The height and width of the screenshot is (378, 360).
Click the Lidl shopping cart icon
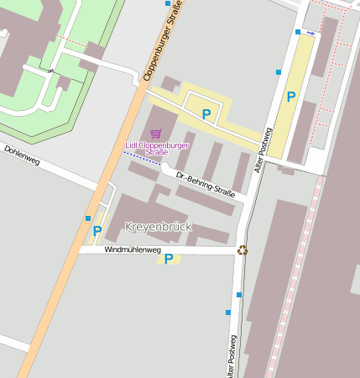[155, 134]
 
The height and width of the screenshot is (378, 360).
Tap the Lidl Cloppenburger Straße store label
[156, 149]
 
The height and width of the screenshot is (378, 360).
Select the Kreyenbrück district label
[158, 227]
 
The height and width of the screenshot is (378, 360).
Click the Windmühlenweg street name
[133, 249]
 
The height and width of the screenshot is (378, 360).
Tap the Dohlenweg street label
[22, 155]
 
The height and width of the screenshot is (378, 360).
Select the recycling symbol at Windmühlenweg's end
[243, 249]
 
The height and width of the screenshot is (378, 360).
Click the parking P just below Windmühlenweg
[169, 259]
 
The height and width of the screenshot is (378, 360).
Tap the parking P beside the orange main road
[97, 231]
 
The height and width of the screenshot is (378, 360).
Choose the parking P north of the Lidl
[206, 113]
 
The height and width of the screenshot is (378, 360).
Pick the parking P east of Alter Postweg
[290, 97]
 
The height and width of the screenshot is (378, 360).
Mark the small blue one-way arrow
[311, 33]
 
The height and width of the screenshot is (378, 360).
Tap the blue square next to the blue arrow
[298, 32]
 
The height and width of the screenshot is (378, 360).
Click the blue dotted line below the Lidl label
[138, 159]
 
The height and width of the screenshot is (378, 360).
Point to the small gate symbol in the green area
[51, 71]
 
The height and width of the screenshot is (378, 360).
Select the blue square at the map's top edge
[167, 3]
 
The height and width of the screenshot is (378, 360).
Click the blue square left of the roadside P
[88, 218]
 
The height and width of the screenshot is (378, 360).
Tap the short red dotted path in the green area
[73, 41]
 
